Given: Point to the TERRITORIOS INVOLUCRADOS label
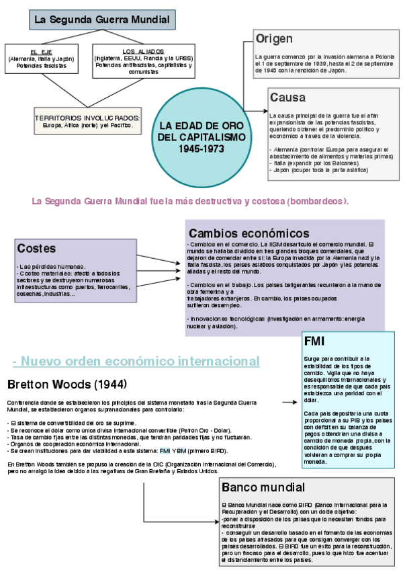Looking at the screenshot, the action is tap(87, 118).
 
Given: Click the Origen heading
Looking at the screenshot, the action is tap(275, 39).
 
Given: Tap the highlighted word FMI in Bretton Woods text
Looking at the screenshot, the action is tap(165, 451).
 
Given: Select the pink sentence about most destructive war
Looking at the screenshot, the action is tap(190, 201).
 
